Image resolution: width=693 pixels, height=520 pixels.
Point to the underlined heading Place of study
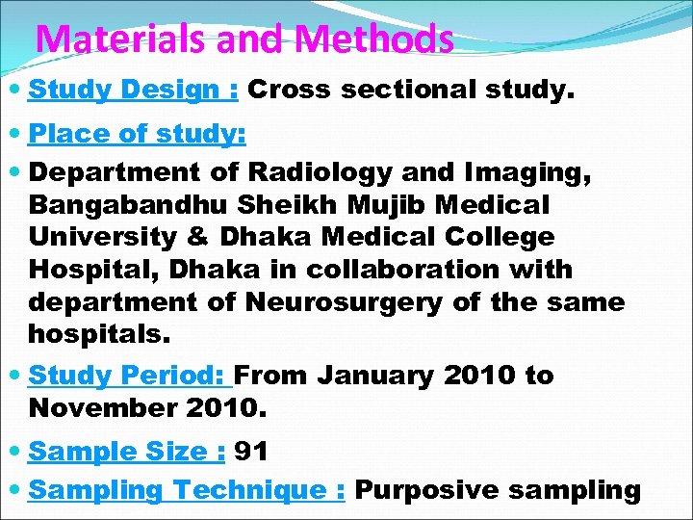(138, 134)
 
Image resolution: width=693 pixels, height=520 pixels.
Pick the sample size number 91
(251, 451)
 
